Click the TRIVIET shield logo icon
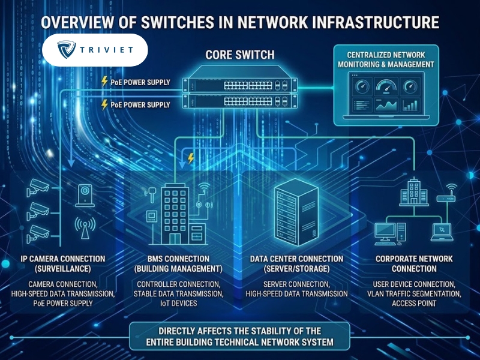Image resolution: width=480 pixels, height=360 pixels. [67, 49]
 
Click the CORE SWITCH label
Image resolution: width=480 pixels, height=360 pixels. [240, 55]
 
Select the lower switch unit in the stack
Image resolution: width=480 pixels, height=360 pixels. [239, 101]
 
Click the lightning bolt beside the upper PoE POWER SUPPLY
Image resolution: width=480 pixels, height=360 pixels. [104, 82]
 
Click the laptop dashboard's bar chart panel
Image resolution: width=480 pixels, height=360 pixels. [410, 105]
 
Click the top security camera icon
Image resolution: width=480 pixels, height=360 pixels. [38, 187]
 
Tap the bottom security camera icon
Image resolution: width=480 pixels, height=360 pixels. [38, 233]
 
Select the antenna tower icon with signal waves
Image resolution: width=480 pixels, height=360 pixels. [85, 228]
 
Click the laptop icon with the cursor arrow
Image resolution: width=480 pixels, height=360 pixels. [442, 232]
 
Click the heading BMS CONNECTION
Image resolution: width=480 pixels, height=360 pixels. [178, 259]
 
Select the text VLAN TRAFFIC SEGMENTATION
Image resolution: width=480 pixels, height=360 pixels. [414, 294]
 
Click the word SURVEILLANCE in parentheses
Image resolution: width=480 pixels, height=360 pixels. [63, 269]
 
